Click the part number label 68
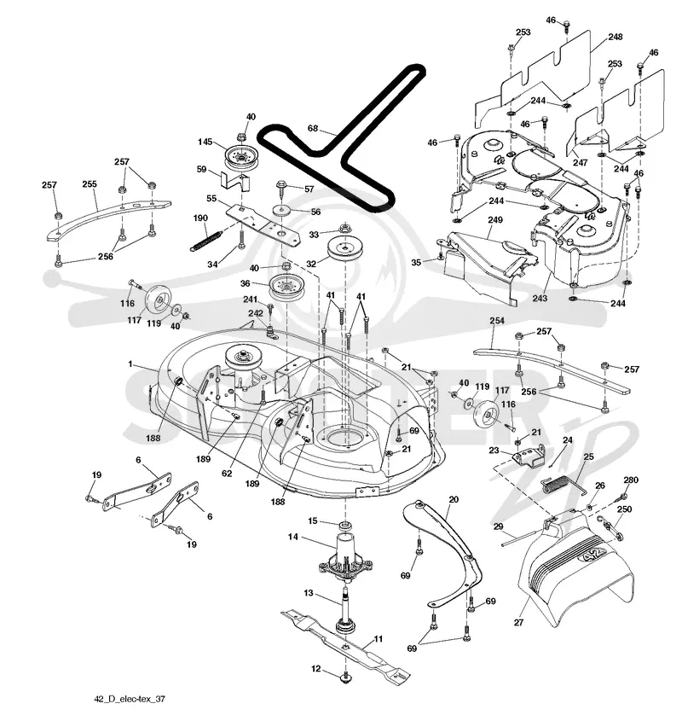click(x=313, y=128)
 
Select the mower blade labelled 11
click(x=345, y=643)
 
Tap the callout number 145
click(x=205, y=142)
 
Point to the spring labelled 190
click(x=205, y=241)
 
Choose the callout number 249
click(x=495, y=219)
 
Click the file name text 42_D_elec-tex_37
click(x=130, y=699)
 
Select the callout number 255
click(x=90, y=184)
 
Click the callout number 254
click(x=497, y=320)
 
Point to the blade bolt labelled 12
click(x=345, y=678)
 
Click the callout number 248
click(x=616, y=37)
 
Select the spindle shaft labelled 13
click(x=346, y=608)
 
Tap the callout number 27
click(x=518, y=622)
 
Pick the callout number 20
click(x=454, y=499)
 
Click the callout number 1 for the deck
click(x=130, y=364)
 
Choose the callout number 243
click(x=540, y=298)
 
